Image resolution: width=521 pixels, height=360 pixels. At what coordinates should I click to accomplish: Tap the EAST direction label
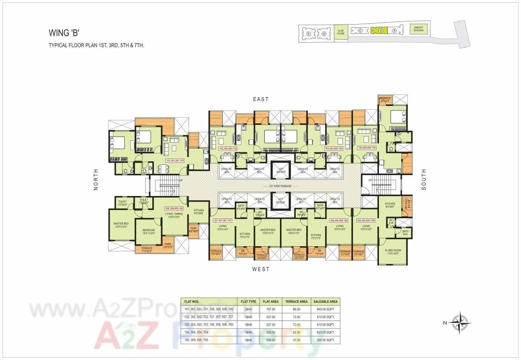tap(261, 99)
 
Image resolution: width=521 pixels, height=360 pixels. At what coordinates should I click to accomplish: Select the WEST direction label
tap(260, 269)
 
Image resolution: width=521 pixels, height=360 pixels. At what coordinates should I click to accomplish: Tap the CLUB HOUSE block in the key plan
tap(341, 32)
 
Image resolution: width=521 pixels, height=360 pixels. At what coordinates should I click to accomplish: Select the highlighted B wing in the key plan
tap(380, 31)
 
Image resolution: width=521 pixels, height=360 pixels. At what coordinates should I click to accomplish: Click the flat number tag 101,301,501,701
tap(175, 161)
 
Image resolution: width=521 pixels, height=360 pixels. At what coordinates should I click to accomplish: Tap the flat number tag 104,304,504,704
tap(367, 148)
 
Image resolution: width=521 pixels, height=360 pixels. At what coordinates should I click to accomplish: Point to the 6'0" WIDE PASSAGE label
tap(280, 186)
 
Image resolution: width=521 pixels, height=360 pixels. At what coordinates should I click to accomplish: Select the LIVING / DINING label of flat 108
tap(175, 215)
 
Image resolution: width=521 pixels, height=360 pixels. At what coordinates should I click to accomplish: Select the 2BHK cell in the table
tap(244, 309)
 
